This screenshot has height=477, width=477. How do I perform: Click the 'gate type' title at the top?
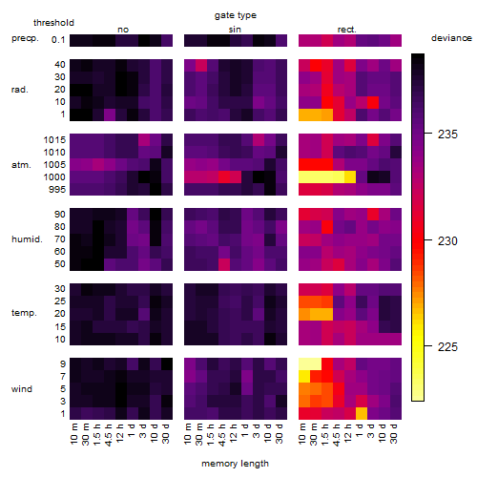click(x=236, y=15)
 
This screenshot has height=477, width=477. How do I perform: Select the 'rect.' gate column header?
click(x=346, y=30)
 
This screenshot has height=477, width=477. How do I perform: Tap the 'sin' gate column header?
click(x=235, y=30)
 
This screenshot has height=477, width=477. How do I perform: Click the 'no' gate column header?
click(x=123, y=30)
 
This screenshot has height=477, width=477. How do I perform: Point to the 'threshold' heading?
click(x=53, y=23)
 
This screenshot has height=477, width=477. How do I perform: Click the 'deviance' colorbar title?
click(x=451, y=38)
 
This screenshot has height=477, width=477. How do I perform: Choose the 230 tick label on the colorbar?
click(x=447, y=241)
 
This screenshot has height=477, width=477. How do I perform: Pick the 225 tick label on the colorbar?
click(x=447, y=347)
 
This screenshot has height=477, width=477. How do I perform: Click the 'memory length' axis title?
click(x=235, y=464)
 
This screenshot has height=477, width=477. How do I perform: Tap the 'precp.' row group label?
click(x=25, y=38)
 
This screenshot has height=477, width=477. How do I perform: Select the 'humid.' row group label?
click(x=27, y=239)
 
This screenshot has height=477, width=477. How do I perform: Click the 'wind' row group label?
click(x=22, y=389)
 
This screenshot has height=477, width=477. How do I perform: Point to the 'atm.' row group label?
click(x=21, y=165)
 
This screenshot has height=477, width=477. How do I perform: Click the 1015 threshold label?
click(x=54, y=140)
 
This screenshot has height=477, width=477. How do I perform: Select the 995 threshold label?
click(x=57, y=190)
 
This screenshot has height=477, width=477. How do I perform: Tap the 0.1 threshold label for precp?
click(x=58, y=40)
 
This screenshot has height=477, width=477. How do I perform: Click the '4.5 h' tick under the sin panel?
click(x=222, y=434)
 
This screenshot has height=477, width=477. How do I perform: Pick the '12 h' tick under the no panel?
click(x=119, y=433)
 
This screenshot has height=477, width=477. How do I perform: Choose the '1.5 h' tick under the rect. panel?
click(x=325, y=434)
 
